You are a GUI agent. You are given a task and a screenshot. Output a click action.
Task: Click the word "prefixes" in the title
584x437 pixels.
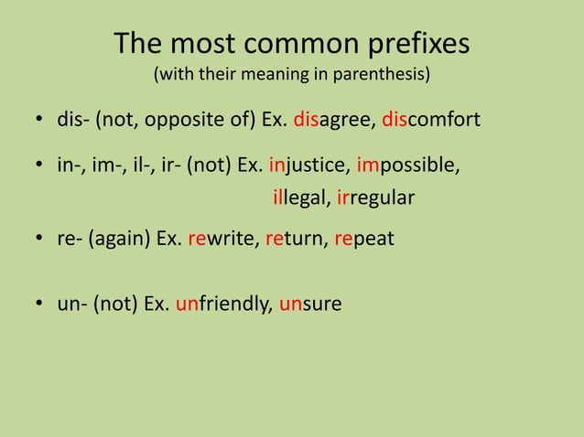click(x=416, y=45)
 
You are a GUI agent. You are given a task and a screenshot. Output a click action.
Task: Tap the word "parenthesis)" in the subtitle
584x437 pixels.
click(x=385, y=74)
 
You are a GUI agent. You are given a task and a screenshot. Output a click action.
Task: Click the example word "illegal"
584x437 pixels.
click(x=301, y=197)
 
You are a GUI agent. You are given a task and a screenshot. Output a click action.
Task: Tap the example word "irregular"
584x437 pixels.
click(x=376, y=197)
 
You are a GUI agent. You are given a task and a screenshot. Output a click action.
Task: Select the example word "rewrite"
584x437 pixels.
click(x=219, y=239)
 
